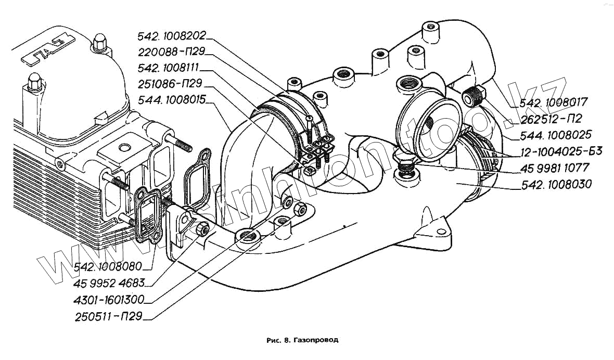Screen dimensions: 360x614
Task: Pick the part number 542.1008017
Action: pyautogui.click(x=551, y=103)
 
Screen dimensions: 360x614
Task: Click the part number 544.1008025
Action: pyautogui.click(x=556, y=135)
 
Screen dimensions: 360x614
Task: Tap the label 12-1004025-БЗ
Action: pyautogui.click(x=561, y=152)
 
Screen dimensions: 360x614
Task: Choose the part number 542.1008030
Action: pyautogui.click(x=556, y=184)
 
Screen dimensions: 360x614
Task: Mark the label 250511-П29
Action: pyautogui.click(x=108, y=316)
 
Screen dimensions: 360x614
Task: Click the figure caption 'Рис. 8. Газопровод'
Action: pyautogui.click(x=302, y=340)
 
